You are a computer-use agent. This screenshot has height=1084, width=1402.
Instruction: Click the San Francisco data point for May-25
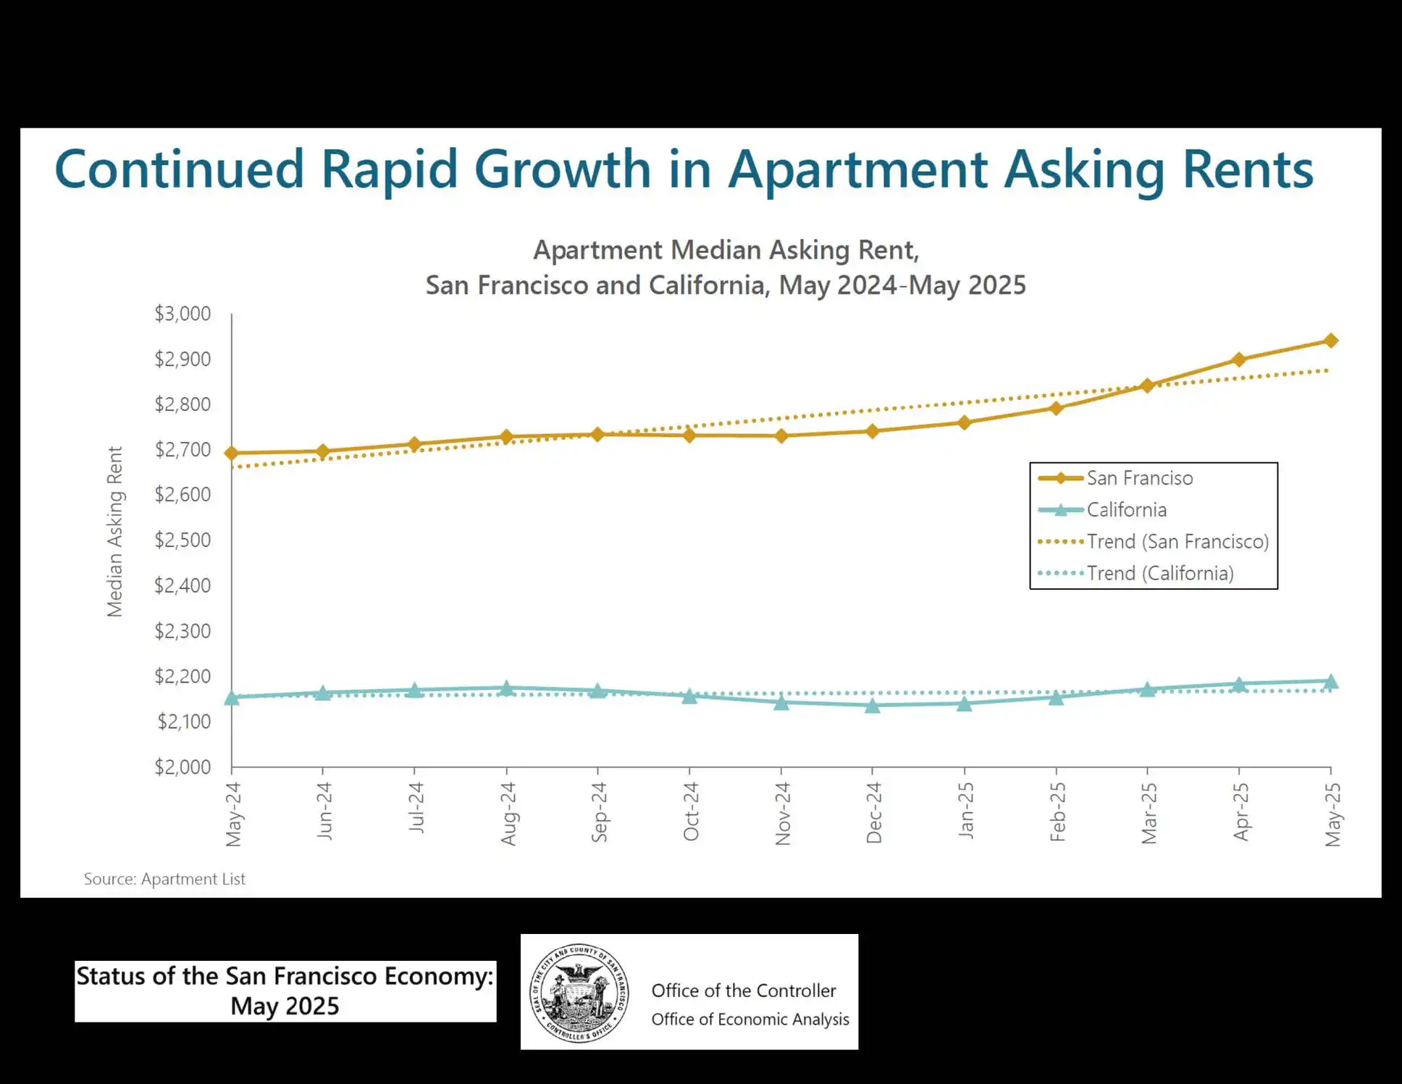pyautogui.click(x=1330, y=341)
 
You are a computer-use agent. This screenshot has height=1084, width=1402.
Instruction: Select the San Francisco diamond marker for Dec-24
pyautogui.click(x=873, y=431)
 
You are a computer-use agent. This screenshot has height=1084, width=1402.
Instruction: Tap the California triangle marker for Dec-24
pyautogui.click(x=873, y=705)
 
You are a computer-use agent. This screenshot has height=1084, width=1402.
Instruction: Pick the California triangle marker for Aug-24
pyautogui.click(x=507, y=688)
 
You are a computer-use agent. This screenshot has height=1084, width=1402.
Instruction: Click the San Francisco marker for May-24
pyautogui.click(x=232, y=454)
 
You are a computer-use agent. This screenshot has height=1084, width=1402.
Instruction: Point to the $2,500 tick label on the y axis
pyautogui.click(x=182, y=540)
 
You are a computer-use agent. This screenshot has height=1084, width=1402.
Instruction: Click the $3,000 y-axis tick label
pyautogui.click(x=182, y=314)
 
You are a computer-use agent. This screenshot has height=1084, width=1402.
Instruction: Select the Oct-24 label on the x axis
pyautogui.click(x=691, y=812)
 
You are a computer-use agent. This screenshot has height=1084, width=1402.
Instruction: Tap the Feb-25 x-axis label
pyautogui.click(x=1057, y=812)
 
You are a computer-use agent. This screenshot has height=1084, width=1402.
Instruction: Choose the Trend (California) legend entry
pyautogui.click(x=1159, y=573)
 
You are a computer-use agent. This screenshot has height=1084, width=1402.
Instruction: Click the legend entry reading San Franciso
pyautogui.click(x=1139, y=478)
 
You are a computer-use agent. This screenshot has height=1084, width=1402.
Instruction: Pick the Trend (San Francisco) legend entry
pyautogui.click(x=1177, y=541)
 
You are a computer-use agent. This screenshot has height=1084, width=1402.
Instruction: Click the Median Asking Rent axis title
pyautogui.click(x=115, y=531)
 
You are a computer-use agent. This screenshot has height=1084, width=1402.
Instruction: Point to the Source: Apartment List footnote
pyautogui.click(x=164, y=879)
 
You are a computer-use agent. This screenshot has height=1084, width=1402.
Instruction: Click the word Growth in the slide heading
pyautogui.click(x=563, y=170)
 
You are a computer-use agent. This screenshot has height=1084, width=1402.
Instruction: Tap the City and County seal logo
pyautogui.click(x=579, y=993)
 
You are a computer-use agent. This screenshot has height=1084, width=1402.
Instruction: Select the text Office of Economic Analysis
pyautogui.click(x=750, y=1019)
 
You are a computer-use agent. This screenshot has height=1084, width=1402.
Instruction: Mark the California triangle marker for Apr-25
pyautogui.click(x=1239, y=683)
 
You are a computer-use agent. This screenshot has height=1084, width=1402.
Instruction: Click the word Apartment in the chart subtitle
pyautogui.click(x=597, y=250)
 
